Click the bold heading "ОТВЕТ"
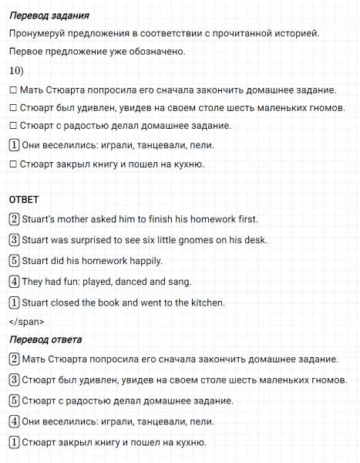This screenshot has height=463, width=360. coord(24,199)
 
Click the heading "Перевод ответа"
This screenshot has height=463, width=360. coord(45,340)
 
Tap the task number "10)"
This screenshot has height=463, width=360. coord(16,71)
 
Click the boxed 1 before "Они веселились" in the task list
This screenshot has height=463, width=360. coord(14,145)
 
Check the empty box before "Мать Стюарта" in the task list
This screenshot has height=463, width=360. coord(14,90)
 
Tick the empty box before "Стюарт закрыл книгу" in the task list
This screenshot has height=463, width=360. coord(14,164)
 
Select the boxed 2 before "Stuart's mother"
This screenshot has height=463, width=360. coord(14,219)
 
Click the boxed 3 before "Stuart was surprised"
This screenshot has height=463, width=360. coord(14,240)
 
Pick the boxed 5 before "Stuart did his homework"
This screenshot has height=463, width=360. coord(14,261)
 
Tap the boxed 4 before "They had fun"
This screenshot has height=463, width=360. coord(14,282)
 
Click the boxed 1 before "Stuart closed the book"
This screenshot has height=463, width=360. coord(14,302)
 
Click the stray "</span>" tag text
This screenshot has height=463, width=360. coord(26,322)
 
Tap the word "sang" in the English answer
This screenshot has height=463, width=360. coord(178,282)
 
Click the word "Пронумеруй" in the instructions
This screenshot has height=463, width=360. coord(40,33)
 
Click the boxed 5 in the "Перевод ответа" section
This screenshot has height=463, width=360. coord(14,400)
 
